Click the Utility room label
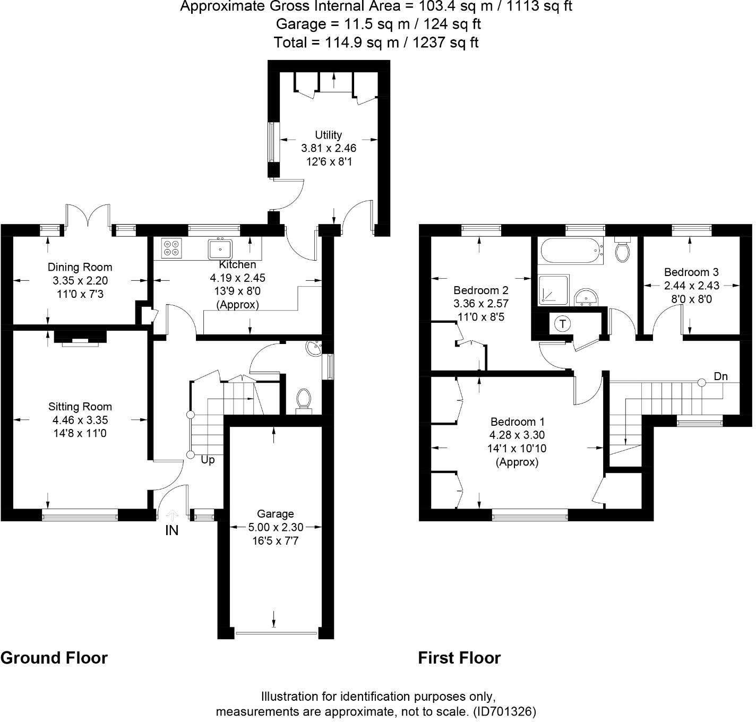(328, 135)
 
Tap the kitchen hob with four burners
(171, 248)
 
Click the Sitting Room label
(80, 407)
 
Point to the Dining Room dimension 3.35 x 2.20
(80, 280)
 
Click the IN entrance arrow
(172, 515)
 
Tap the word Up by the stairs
(208, 460)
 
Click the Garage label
(275, 514)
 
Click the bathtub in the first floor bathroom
(571, 250)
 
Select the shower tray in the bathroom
(554, 290)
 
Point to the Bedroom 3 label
(691, 272)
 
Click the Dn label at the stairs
(720, 376)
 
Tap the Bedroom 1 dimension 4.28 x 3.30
(517, 435)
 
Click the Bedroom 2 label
(480, 290)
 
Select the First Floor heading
(459, 658)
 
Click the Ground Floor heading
(54, 658)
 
